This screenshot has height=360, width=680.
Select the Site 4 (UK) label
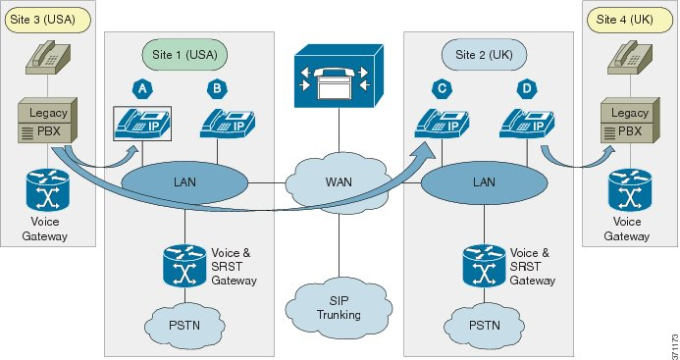pyautogui.click(x=626, y=18)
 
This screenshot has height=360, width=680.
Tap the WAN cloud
pyautogui.click(x=338, y=182)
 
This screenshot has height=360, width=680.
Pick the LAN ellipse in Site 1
pyautogui.click(x=183, y=182)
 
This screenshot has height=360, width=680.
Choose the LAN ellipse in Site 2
pyautogui.click(x=484, y=182)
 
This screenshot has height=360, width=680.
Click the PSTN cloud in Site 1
pyautogui.click(x=184, y=323)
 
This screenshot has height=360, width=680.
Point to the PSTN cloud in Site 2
pyautogui.click(x=485, y=323)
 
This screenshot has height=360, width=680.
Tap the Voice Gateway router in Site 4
pyautogui.click(x=627, y=192)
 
